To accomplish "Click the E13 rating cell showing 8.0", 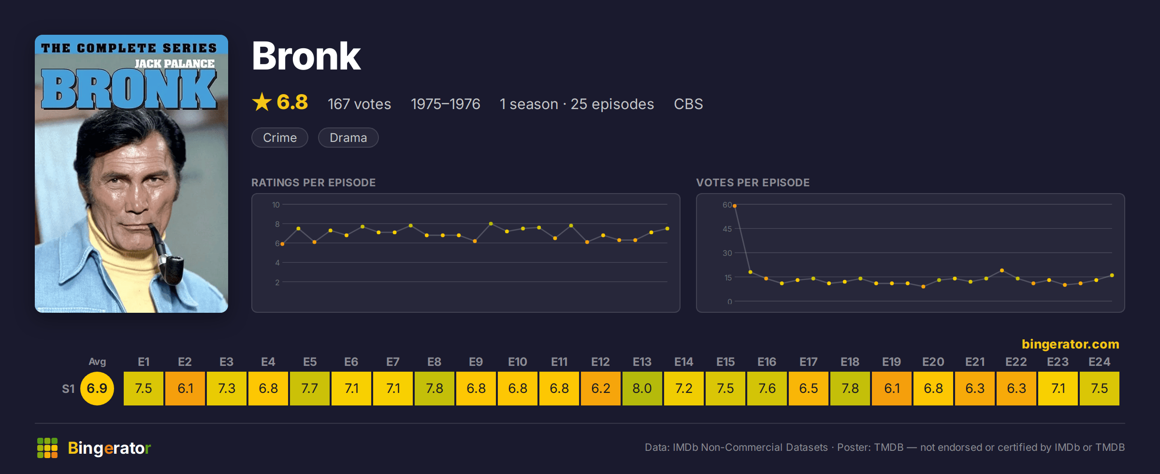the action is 642,389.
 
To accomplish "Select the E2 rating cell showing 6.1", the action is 185,389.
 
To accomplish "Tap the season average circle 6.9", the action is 97,389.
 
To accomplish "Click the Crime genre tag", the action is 280,138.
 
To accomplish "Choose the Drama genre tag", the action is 348,138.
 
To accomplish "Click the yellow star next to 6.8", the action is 262,102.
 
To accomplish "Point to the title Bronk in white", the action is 306,56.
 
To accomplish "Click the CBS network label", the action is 688,104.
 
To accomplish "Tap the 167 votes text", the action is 359,104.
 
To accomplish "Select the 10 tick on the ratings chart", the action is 276,205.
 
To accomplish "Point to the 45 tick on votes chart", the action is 727,229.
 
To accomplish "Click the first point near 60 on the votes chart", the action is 735,206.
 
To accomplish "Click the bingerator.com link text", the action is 1071,344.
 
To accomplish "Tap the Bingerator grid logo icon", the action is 47,448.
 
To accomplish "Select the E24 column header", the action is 1099,362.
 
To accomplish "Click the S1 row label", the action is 68,389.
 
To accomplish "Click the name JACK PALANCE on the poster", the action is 174,64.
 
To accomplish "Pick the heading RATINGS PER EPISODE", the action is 313,182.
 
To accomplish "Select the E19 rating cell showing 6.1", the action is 892,389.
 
